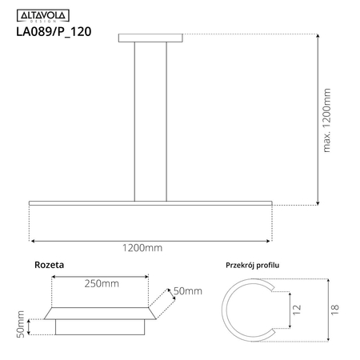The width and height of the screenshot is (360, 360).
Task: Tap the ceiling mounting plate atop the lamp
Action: click(150, 38)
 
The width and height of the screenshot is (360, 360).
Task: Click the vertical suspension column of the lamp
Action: click(150, 120)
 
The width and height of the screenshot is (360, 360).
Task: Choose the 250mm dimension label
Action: click(99, 284)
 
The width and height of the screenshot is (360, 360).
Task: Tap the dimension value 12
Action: click(296, 310)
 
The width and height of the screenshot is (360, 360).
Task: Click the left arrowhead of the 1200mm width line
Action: click(32, 240)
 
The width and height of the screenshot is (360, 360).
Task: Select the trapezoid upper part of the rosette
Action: click(99, 310)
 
